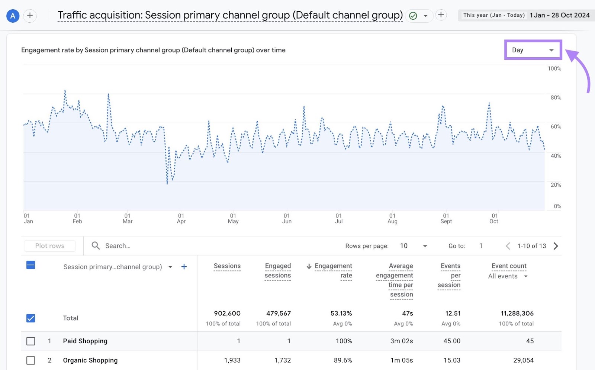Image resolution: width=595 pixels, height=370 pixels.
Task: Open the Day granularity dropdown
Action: [x=533, y=50]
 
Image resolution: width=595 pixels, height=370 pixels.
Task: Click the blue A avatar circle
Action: [x=13, y=16]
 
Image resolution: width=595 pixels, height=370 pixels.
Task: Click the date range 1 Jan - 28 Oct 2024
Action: [x=559, y=15]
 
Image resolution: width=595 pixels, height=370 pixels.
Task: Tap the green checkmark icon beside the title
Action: [x=413, y=16]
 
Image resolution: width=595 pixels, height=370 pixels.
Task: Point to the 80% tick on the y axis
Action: [x=556, y=97]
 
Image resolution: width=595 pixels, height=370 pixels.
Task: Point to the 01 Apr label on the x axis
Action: [x=181, y=218]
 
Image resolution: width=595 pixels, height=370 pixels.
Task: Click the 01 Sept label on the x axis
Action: [x=446, y=218]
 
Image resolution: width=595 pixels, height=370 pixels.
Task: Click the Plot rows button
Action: [x=50, y=246]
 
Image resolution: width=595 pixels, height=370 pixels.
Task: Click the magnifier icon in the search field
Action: [x=96, y=245]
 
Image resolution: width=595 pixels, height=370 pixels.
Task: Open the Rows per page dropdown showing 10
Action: [x=414, y=246]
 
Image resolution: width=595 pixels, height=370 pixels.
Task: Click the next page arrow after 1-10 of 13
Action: [x=556, y=246]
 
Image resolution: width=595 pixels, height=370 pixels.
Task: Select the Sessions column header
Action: [x=227, y=266]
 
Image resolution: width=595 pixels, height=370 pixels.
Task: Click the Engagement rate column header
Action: [x=333, y=270]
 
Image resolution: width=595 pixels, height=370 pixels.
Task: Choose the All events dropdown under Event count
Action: [x=508, y=276]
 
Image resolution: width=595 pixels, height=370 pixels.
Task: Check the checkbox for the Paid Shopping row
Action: [x=31, y=341]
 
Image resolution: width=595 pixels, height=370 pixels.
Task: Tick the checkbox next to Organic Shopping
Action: [x=31, y=360]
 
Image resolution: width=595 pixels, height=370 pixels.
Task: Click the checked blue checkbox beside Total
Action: [x=31, y=318]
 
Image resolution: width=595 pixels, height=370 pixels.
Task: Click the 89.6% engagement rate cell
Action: [x=342, y=360]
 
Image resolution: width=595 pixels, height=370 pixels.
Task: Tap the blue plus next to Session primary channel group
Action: [x=184, y=267]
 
